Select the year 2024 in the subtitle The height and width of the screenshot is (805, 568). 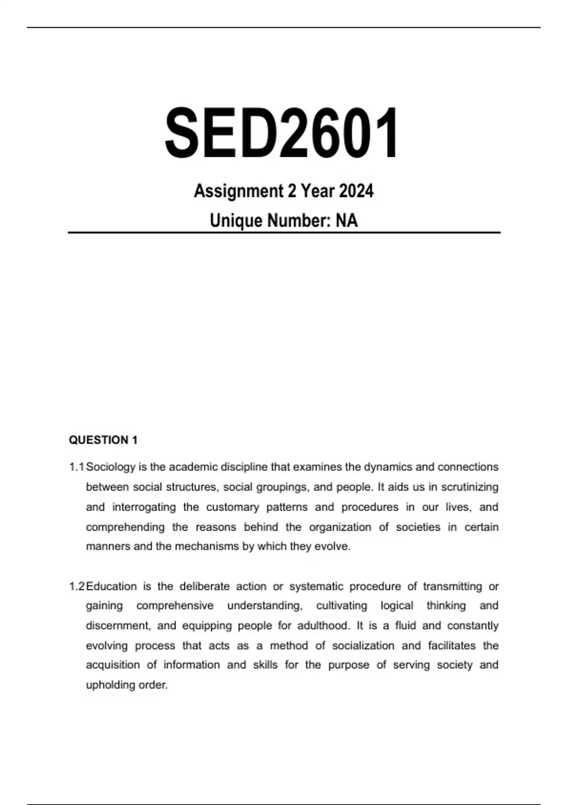point(356,191)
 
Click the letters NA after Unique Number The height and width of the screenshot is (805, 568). point(347,221)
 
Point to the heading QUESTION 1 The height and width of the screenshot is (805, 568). point(103,440)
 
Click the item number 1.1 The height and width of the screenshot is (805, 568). point(76,467)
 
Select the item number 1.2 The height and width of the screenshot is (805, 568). point(76,586)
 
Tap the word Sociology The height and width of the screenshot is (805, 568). point(111,467)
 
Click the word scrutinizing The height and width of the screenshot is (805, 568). point(470,487)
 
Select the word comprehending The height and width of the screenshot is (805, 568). point(125,527)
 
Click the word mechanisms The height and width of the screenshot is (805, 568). point(207,546)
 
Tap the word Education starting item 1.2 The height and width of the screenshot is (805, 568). point(111,586)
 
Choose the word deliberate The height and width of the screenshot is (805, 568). point(204,586)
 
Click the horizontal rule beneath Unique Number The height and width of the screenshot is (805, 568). point(284,233)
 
